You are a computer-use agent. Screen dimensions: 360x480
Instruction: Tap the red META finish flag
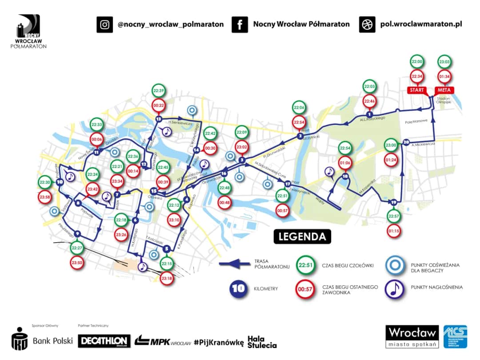(x=444, y=91)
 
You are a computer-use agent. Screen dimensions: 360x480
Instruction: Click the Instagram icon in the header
(x=104, y=24)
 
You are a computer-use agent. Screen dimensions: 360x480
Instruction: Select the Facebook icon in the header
(x=240, y=24)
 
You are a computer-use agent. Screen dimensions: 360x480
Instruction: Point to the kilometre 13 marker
(x=159, y=119)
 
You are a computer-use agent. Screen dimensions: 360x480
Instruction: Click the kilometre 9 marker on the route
(x=77, y=234)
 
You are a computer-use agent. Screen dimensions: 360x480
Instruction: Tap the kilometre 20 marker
(x=405, y=143)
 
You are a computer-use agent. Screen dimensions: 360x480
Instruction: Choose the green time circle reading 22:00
(x=417, y=62)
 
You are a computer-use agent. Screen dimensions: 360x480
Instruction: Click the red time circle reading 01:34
(x=444, y=76)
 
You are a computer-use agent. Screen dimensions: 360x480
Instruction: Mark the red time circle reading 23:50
(x=77, y=263)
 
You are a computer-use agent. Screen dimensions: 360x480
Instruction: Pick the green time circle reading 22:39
(x=159, y=90)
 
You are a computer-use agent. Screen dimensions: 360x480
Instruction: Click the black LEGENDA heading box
(x=302, y=236)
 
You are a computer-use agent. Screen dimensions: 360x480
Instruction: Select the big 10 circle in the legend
(x=239, y=288)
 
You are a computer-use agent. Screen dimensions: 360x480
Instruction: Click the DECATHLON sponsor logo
(x=104, y=341)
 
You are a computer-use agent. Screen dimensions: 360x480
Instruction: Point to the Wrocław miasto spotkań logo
(x=412, y=336)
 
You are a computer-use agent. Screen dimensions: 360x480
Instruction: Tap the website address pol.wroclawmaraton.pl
(x=421, y=24)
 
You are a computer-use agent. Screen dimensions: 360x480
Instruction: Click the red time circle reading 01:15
(x=393, y=231)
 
